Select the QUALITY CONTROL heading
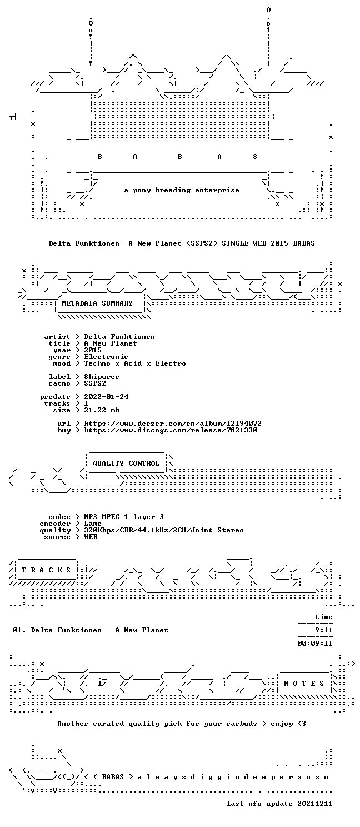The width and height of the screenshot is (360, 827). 126,464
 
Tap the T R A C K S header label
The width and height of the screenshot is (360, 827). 46,570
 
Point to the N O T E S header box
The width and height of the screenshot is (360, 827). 304,684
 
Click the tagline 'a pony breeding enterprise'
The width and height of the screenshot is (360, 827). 182,190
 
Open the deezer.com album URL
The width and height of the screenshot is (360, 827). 173,424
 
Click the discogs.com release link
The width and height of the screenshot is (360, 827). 171,430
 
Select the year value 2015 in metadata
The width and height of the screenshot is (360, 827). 93,350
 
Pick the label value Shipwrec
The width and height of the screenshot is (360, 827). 102,377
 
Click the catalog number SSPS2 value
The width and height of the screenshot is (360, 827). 95,383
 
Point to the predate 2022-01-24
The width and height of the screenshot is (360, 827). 106,396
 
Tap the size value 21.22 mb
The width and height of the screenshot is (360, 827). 102,410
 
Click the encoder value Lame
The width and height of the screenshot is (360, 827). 93,524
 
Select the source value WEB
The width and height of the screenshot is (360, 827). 91,537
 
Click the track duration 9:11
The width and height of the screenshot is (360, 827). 324,630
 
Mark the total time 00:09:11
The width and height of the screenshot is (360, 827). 315,644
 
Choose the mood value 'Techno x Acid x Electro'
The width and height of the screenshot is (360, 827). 135,363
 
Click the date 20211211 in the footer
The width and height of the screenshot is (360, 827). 315,804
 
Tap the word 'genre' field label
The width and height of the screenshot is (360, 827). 59,357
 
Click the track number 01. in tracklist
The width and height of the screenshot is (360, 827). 19,630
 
